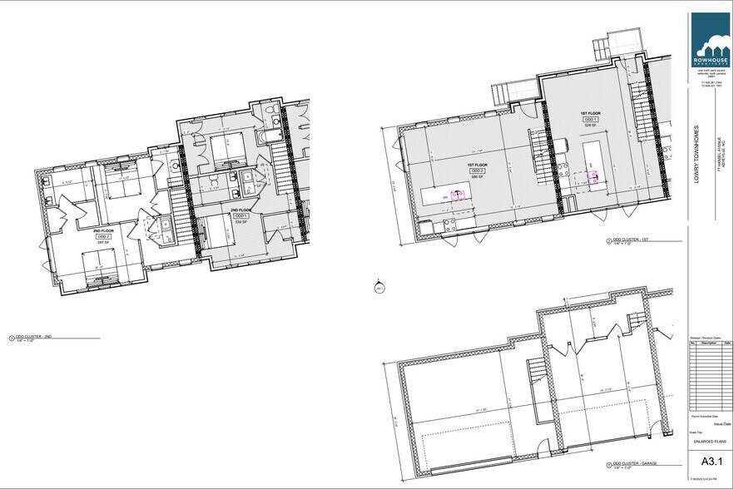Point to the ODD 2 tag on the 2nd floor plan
point(102,236)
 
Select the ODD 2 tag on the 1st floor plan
point(478,170)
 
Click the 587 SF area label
point(102,242)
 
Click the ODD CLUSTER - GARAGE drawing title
point(634,464)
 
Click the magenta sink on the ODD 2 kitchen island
point(457,195)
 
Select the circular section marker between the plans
point(379,288)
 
